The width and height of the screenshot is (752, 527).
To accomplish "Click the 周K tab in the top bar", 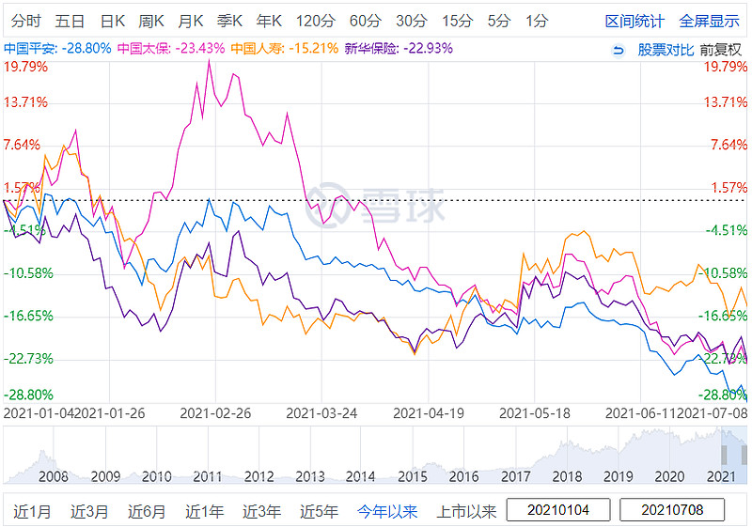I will pos(151,21).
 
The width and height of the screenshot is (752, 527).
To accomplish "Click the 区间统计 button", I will pos(634,21).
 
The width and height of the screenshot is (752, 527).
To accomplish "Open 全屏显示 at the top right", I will pos(709,21).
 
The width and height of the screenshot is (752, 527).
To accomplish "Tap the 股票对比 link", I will pos(666,49).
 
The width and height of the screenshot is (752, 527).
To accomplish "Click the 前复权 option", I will pos(721,49).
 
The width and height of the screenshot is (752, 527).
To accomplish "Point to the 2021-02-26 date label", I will pos(215,412).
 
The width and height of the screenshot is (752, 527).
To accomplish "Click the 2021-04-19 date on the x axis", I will pos(429,412).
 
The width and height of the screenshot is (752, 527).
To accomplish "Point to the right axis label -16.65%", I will pos(724,317).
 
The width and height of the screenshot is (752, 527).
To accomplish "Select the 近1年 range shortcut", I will pos(204,511).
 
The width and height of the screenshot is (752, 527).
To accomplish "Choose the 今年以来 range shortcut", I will pos(386,511).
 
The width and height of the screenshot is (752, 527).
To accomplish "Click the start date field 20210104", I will pos(560,510).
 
